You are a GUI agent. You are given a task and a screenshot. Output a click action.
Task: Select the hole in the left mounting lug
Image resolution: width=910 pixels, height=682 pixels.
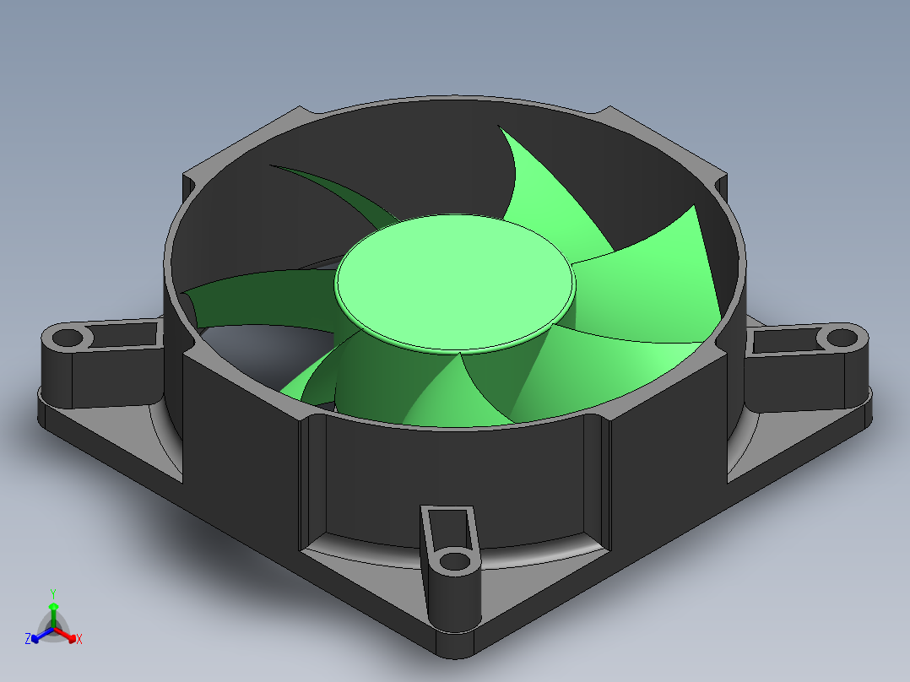(x=67, y=339)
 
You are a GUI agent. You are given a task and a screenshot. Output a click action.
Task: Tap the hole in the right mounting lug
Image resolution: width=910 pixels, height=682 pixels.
(x=841, y=338)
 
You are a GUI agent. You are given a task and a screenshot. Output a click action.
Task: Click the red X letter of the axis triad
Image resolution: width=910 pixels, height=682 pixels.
(x=79, y=640)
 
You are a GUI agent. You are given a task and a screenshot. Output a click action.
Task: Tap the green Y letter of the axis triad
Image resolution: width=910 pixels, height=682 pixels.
(x=53, y=593)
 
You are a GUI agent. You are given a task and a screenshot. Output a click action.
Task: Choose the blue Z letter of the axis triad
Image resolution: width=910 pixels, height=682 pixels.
(x=28, y=640)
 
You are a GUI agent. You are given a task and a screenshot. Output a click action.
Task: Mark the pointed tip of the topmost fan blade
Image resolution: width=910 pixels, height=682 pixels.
(x=501, y=129)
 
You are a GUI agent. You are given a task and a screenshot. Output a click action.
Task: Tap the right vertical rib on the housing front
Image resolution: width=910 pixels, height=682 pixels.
(x=595, y=477)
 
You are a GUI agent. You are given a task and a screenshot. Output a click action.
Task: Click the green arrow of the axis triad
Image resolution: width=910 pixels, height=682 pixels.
(x=53, y=608)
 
